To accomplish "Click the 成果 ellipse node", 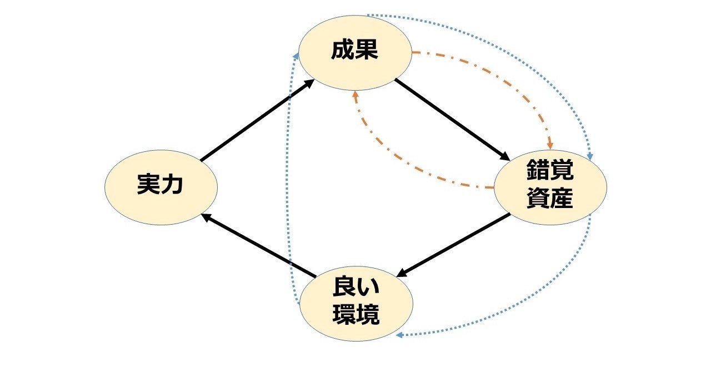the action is [355, 53].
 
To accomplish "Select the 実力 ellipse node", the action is [161, 187].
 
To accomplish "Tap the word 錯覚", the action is [550, 170].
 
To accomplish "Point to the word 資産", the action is [550, 198].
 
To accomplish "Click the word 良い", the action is [356, 286].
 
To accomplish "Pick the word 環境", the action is [356, 314].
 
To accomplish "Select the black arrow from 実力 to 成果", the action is [257, 120].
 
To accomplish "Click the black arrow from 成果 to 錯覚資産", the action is [452, 120].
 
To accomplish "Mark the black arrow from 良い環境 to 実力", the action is [258, 245].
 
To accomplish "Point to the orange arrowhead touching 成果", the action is [355, 94].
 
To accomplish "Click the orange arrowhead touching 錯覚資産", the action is [550, 146].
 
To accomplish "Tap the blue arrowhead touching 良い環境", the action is [399, 335].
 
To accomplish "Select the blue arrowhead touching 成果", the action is [296, 56].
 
